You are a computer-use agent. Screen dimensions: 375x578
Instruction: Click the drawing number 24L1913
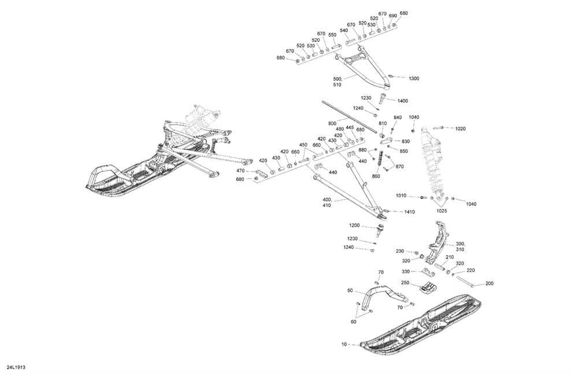(16, 367)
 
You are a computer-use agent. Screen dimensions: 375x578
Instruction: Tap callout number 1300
(414, 78)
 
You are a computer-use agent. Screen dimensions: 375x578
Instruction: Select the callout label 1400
(402, 101)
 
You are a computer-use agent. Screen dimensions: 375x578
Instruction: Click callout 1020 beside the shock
(460, 128)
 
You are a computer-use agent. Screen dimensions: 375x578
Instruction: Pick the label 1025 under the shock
(442, 211)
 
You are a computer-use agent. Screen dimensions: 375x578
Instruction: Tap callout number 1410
(409, 212)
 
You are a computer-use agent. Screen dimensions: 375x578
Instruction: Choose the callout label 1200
(354, 225)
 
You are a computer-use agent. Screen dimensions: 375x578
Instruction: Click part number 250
(405, 283)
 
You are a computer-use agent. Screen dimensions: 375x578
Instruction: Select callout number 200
(490, 284)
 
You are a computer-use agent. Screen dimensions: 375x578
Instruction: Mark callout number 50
(350, 291)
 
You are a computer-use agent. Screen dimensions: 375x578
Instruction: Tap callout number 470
(240, 171)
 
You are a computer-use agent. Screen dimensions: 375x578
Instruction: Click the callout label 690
(392, 16)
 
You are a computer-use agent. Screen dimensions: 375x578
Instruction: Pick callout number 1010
(401, 196)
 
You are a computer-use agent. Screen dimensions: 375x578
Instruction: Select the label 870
(399, 167)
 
